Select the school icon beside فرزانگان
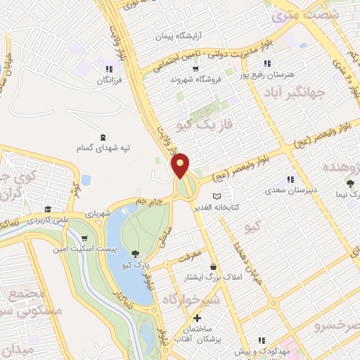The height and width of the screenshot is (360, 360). [x=108, y=69]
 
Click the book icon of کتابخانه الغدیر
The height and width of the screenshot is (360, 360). [x=217, y=195]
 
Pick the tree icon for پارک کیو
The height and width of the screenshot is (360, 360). [x=135, y=254]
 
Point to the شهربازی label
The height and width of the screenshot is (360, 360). [x=98, y=212]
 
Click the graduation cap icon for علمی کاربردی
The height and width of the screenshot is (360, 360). [x=47, y=210]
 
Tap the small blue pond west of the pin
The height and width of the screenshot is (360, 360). [x=86, y=180]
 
